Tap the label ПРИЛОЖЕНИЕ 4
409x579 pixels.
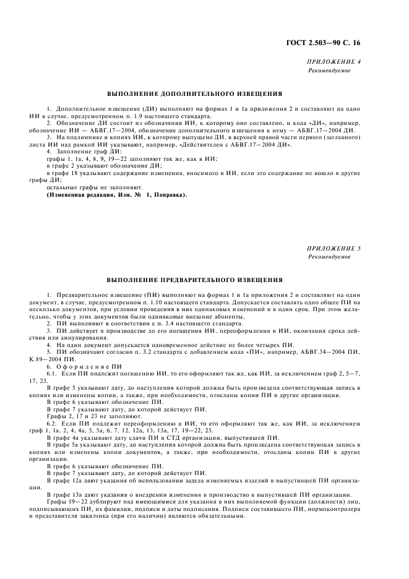[334, 62]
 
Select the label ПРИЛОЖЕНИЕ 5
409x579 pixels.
[334, 248]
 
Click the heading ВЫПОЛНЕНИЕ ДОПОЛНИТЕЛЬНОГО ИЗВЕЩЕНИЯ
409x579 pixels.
[195, 94]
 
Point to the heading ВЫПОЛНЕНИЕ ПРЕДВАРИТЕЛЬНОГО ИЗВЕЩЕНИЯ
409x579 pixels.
[195, 280]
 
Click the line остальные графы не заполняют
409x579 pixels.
[95, 187]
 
